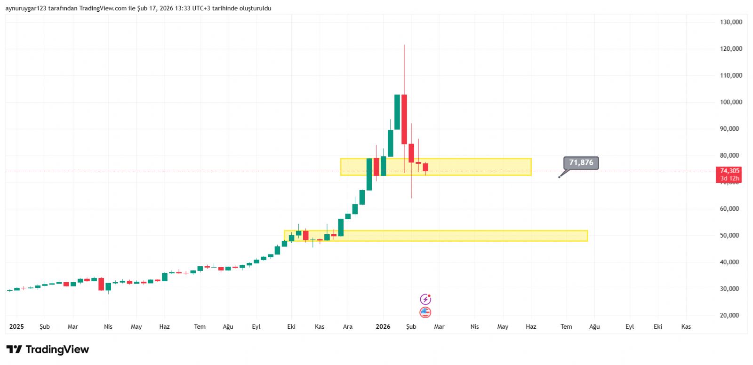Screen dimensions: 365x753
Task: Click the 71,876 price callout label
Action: click(581, 163)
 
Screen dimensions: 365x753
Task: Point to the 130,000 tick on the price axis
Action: click(731, 22)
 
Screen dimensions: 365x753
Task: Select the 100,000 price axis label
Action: click(731, 102)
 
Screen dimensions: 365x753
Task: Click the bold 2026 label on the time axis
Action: click(383, 326)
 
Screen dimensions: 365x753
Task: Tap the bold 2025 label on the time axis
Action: click(16, 326)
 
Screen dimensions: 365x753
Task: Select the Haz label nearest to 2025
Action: click(164, 326)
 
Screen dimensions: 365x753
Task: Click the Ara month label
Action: click(348, 326)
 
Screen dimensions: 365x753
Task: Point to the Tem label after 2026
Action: click(566, 326)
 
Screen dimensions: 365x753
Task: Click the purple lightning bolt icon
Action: click(425, 299)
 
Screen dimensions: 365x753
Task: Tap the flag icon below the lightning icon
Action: click(425, 312)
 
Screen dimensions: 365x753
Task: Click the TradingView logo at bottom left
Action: click(48, 349)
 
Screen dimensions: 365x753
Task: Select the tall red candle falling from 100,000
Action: click(404, 119)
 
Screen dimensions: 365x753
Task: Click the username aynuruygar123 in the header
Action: click(26, 8)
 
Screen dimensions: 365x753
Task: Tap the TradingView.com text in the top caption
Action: click(103, 8)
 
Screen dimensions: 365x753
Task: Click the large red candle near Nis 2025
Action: click(101, 284)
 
